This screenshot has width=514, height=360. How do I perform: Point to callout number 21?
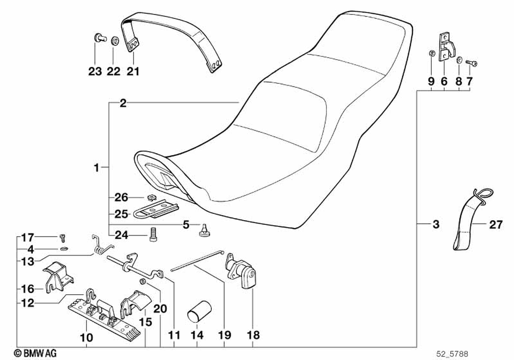click(133, 72)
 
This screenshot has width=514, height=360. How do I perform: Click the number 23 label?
click(95, 72)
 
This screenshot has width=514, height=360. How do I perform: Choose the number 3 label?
click(435, 224)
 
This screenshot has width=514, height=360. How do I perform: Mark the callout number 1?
click(96, 167)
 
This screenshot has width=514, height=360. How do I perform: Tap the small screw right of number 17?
click(63, 237)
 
